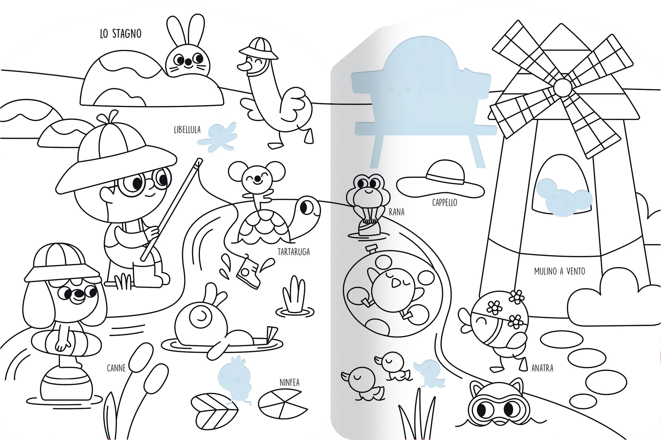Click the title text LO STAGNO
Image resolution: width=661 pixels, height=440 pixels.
[x=121, y=34]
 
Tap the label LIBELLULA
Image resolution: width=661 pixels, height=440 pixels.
[x=187, y=130]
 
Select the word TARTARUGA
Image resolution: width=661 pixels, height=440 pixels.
[x=293, y=252]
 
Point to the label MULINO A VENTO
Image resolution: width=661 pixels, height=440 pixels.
[x=559, y=271]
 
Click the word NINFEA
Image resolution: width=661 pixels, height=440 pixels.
[x=289, y=382]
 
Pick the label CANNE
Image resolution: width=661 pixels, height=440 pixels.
[x=116, y=368]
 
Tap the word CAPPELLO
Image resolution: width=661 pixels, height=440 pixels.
[x=445, y=203]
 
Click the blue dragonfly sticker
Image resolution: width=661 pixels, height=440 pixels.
[x=218, y=136]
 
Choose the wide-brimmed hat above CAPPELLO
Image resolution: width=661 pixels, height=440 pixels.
[x=440, y=180]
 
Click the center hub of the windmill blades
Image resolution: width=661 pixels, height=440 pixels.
[x=562, y=88]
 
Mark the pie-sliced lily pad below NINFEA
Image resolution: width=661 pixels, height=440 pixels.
[x=283, y=404]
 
